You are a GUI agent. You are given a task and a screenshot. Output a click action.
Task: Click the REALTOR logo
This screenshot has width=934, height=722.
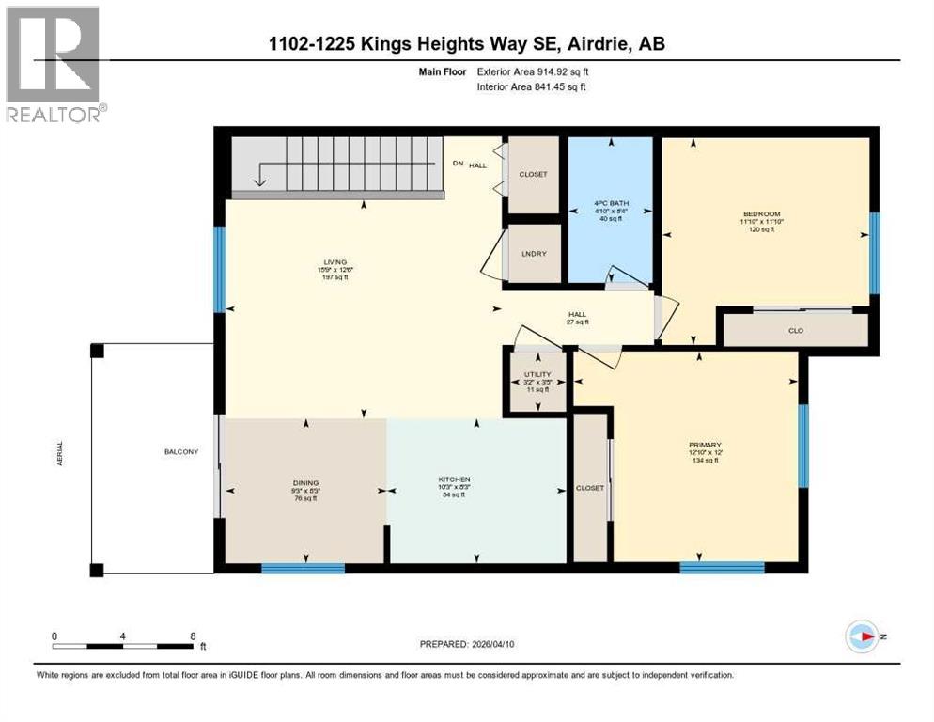pyautogui.click(x=54, y=65)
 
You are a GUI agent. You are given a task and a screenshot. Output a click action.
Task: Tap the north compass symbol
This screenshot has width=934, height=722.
pyautogui.click(x=863, y=636)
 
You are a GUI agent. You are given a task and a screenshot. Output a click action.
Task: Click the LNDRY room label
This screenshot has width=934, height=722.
pyautogui.click(x=533, y=253)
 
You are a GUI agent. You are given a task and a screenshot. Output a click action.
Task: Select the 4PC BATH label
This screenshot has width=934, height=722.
pyautogui.click(x=611, y=212)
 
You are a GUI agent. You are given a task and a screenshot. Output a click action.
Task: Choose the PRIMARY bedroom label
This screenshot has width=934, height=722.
pyautogui.click(x=704, y=445)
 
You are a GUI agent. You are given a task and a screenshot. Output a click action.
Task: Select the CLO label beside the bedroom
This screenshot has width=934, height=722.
pyautogui.click(x=795, y=331)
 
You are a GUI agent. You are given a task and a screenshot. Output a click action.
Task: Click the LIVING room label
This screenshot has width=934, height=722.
pyautogui.click(x=333, y=262)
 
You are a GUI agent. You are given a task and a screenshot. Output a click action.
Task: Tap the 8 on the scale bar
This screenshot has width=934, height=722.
pyautogui.click(x=193, y=636)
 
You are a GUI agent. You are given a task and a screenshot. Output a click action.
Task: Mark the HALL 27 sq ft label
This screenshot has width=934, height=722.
pyautogui.click(x=577, y=317)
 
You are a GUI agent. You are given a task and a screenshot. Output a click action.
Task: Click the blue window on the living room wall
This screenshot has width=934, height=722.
pyautogui.click(x=219, y=269)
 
